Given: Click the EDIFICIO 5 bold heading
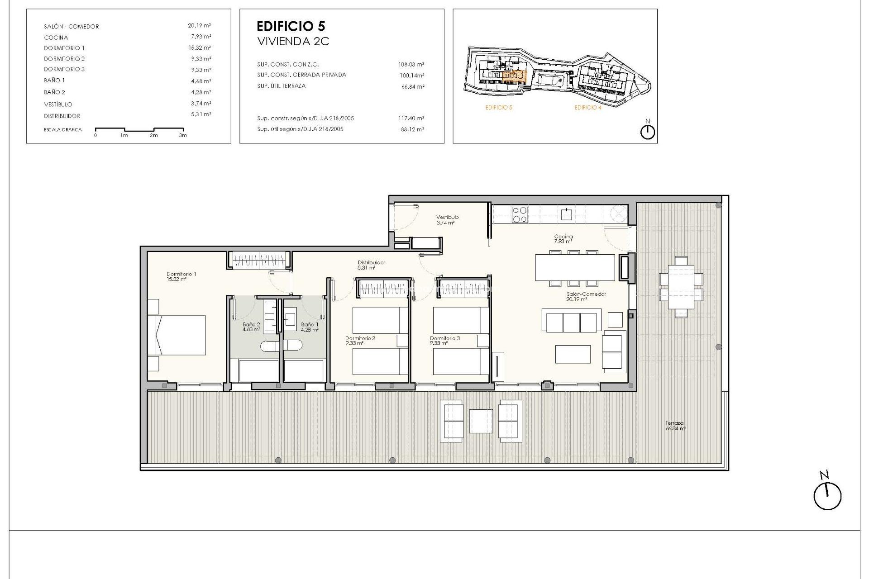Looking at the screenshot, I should coord(291,26).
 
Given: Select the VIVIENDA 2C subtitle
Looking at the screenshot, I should coord(293,42).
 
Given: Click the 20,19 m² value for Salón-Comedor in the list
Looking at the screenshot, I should coord(200,26).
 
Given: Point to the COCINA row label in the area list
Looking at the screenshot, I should coord(56,38).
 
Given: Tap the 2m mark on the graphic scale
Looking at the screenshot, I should coord(154,135).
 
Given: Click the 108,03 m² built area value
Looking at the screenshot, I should coord(411,65).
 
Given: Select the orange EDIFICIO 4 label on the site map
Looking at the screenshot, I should coord(587,108).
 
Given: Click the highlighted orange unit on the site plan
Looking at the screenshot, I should coord(515,76).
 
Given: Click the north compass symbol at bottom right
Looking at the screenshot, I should coord(827,495).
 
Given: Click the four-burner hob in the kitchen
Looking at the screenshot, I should coord(519,214).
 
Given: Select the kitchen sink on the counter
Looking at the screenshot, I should coord(566,214).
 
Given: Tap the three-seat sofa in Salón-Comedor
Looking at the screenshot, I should coord(571,321).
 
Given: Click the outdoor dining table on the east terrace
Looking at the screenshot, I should coord(681,286).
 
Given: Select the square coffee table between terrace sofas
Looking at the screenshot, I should coord(481,421).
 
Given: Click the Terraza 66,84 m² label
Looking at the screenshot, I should coord(675,426).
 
